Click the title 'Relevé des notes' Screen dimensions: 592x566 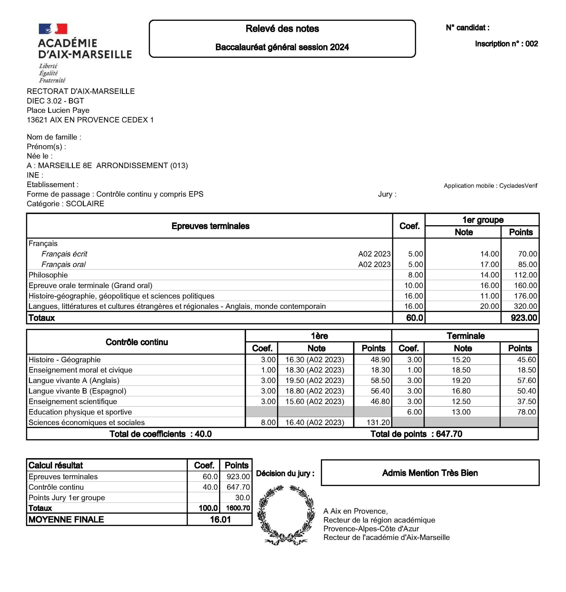282,29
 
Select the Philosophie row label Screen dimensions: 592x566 48,275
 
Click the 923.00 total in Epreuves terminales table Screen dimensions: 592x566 524,318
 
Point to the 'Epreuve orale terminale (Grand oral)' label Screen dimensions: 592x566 91,286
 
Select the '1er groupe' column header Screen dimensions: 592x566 483,220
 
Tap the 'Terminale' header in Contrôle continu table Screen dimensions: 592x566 465,336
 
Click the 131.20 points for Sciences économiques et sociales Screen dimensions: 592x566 378,423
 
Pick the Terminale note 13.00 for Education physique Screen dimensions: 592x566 461,412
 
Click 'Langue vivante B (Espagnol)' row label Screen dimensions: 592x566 77,391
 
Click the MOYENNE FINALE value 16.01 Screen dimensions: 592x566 220,520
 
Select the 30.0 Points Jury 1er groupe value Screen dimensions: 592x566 242,498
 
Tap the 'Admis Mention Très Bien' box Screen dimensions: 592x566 430,473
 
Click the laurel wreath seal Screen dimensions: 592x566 286,515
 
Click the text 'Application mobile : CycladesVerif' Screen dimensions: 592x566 490,186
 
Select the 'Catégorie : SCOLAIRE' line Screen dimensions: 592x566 65,204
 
